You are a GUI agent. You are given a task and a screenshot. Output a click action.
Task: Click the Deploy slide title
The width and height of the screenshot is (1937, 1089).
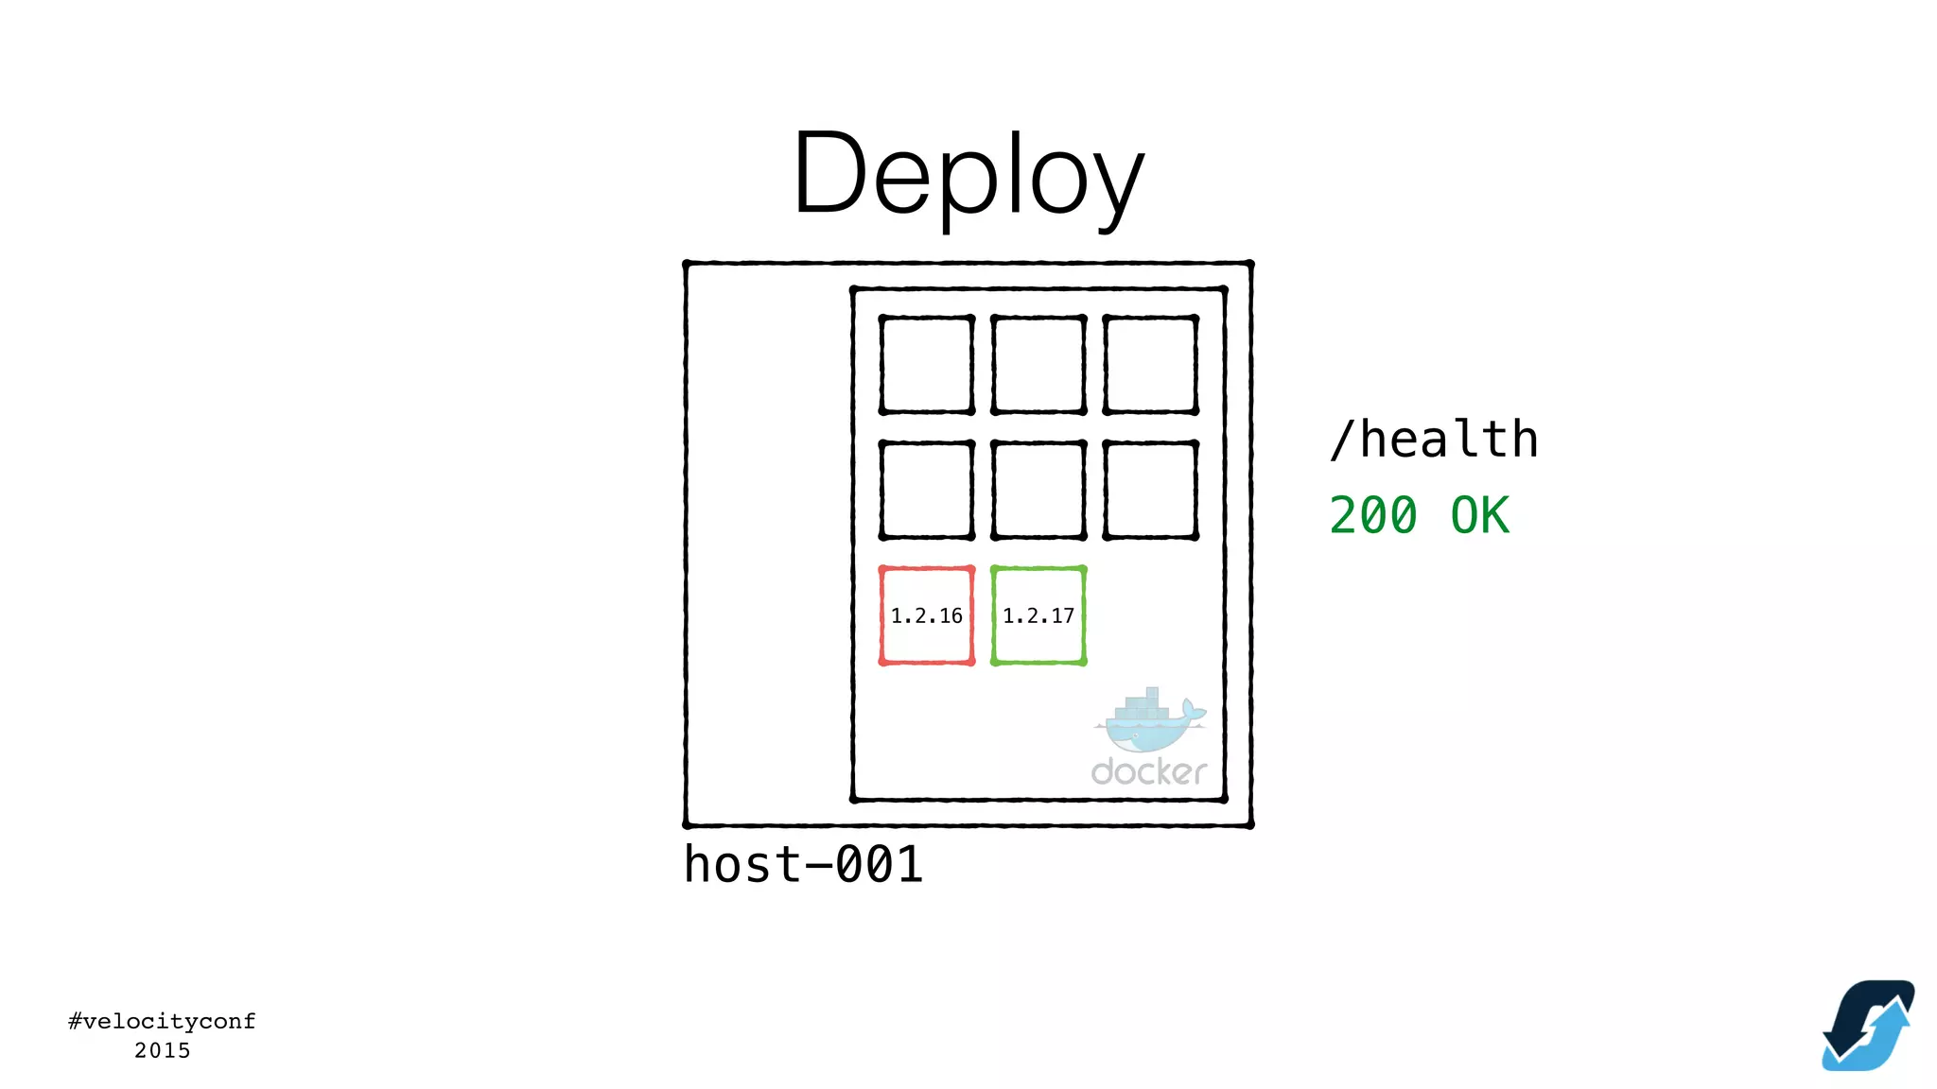[x=968, y=175]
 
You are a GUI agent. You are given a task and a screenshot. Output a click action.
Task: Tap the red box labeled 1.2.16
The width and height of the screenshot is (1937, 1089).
[x=926, y=615]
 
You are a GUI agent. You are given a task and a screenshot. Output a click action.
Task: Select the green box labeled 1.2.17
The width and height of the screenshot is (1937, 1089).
[x=1038, y=615]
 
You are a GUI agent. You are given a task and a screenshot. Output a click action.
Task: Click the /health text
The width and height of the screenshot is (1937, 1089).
[x=1434, y=440]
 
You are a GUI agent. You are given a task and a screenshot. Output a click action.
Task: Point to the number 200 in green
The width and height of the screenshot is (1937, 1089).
[x=1373, y=516]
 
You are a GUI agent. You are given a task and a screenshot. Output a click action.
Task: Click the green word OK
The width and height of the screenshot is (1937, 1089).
[x=1480, y=516]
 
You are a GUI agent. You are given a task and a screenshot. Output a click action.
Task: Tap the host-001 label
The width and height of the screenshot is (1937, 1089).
[x=803, y=864]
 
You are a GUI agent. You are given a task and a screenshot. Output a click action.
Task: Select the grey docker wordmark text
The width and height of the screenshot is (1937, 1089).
[x=1148, y=772]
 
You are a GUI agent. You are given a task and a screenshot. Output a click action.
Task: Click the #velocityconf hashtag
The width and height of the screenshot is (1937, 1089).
[x=162, y=1021]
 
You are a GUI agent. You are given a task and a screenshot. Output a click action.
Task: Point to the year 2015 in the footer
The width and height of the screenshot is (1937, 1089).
[x=162, y=1050]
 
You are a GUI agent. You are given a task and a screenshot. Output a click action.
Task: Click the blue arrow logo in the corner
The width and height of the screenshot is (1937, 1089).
[x=1868, y=1026]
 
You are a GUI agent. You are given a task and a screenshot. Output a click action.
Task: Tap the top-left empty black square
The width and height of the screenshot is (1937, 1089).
[x=926, y=365]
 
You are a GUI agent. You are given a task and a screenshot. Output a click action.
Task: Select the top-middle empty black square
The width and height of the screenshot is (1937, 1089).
[x=1038, y=365]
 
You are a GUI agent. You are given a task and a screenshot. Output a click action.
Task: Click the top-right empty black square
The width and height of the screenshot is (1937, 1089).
[x=1150, y=365]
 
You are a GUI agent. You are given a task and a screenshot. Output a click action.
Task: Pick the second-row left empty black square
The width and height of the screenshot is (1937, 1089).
[x=926, y=490]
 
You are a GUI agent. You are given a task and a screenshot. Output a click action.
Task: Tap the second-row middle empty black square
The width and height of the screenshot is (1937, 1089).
[x=1038, y=490]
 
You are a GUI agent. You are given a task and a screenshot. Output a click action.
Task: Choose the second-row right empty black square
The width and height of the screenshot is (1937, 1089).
[x=1150, y=490]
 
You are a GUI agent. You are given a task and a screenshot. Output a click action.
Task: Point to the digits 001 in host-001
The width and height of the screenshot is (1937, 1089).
[x=879, y=864]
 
